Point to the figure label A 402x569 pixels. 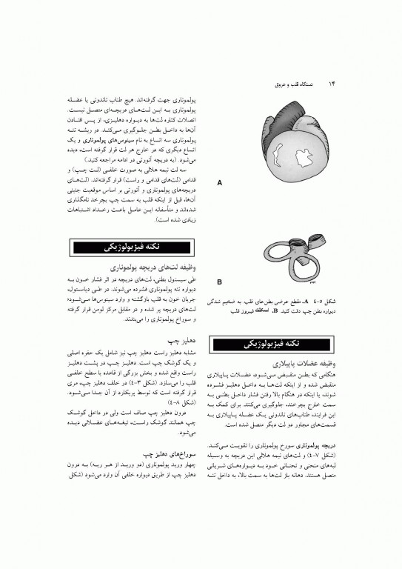pos(219,182)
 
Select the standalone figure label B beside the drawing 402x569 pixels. pos(219,282)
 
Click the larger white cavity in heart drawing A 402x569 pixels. pos(304,158)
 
